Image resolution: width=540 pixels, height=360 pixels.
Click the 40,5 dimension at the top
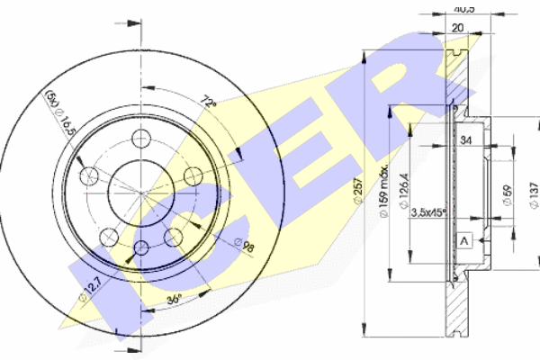(461, 8)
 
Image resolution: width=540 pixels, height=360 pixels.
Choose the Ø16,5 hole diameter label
(67, 127)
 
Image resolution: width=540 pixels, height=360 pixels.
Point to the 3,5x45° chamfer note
(427, 213)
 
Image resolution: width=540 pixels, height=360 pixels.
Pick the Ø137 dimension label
(532, 193)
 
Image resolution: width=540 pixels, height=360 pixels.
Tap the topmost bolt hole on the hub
(141, 138)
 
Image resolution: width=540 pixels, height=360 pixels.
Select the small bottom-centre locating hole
(141, 247)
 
